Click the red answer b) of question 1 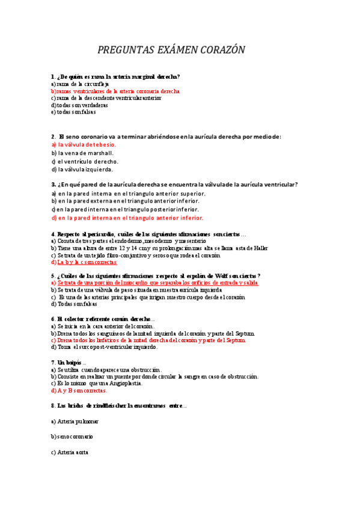115,91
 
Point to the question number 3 53,185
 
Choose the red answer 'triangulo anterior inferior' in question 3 127,218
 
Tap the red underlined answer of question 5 155,282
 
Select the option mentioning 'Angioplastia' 97,383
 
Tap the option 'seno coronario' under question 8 72,436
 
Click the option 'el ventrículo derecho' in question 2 85,161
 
